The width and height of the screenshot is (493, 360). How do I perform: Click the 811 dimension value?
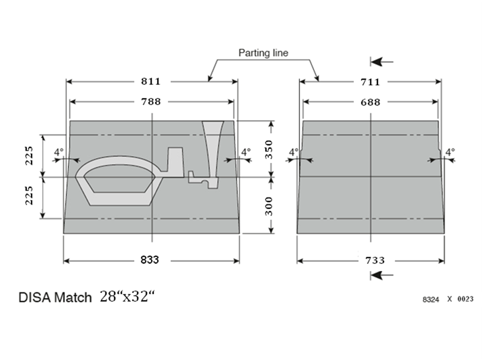pos(151,81)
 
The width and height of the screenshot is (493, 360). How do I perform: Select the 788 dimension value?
pos(151,102)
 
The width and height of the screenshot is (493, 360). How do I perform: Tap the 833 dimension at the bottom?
pos(150,260)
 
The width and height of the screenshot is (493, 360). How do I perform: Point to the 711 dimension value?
pos(370,82)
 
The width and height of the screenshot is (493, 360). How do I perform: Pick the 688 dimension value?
pos(370,102)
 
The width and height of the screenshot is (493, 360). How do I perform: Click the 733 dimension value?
pos(375,260)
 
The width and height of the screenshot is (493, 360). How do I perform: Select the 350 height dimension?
pos(269,149)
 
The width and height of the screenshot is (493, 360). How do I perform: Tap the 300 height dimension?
pos(269,206)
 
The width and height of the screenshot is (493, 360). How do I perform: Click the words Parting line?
pos(263,53)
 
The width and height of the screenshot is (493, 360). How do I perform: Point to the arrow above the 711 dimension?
pos(382,62)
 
